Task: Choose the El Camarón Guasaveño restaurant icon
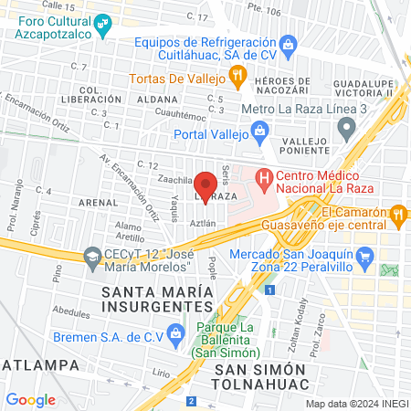pos(398,214)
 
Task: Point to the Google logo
pos(31,399)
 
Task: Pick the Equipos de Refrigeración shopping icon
pos(289,43)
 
